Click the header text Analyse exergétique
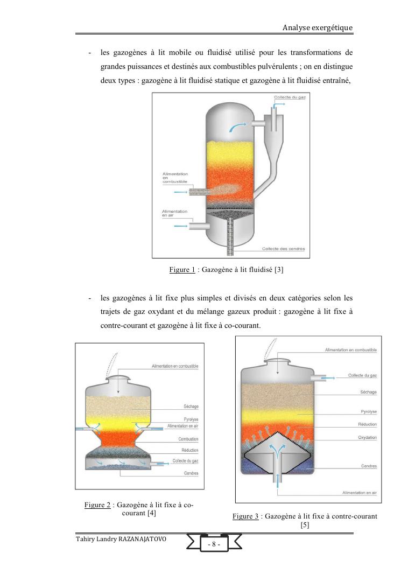318,27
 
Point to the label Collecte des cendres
283,249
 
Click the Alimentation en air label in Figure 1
175,213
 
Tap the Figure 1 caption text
226,270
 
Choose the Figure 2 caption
139,509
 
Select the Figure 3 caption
305,516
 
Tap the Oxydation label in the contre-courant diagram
367,437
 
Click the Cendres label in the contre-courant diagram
369,466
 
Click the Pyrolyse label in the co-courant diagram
191,419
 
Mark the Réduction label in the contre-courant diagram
368,424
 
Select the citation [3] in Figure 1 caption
278,270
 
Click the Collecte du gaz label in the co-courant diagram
185,461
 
